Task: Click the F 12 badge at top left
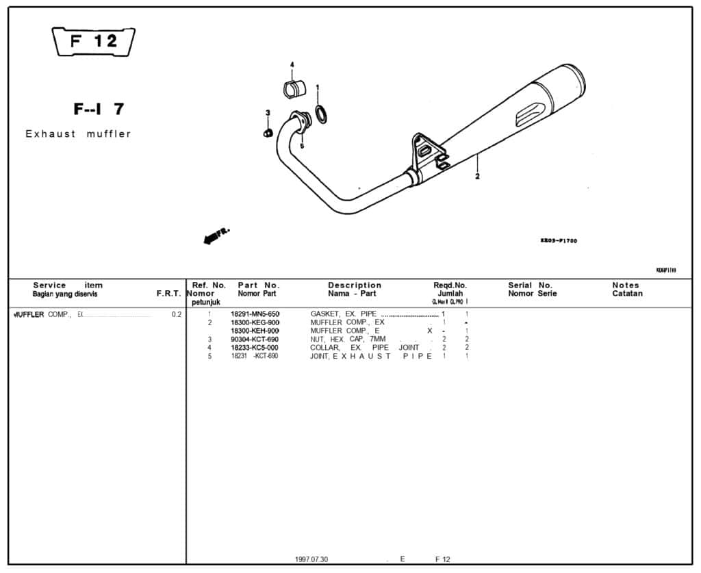[x=94, y=42]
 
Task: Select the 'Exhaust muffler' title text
[x=78, y=134]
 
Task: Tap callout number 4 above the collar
[x=292, y=64]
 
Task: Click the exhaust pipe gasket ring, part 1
[x=320, y=114]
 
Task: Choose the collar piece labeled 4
[x=293, y=90]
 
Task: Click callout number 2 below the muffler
[x=477, y=176]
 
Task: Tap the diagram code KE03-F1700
[x=559, y=241]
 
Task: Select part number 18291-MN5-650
[x=255, y=314]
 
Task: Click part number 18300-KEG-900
[x=255, y=322]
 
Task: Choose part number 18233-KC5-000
[x=255, y=348]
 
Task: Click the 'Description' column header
[x=355, y=285]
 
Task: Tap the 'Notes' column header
[x=626, y=285]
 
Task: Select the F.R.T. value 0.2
[x=177, y=315]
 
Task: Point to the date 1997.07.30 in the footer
[x=312, y=559]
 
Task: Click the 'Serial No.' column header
[x=530, y=285]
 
